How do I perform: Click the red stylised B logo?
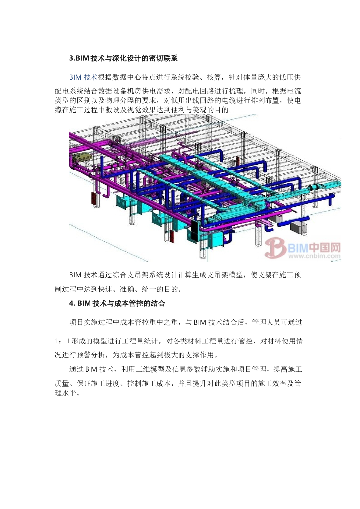[274, 249]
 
